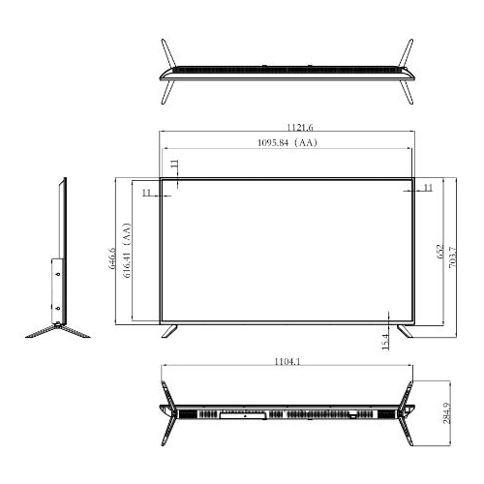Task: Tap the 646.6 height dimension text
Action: pos(112,262)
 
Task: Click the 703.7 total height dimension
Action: pos(453,260)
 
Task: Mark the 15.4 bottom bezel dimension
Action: pos(385,341)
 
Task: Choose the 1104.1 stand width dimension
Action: pos(287,362)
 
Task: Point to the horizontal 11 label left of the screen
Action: pos(146,194)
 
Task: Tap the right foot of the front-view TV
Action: pos(406,331)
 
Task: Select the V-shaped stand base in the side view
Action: pos(58,328)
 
